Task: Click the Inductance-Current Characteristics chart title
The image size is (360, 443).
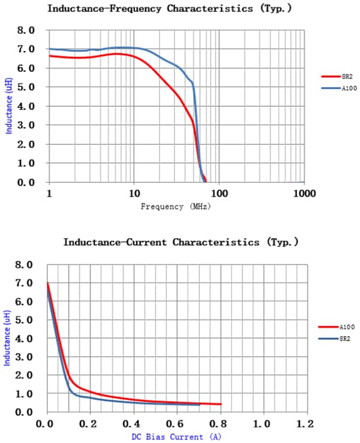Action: pyautogui.click(x=181, y=242)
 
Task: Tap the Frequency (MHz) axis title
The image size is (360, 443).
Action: pyautogui.click(x=176, y=206)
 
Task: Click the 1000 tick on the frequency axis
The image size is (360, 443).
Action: pyautogui.click(x=305, y=194)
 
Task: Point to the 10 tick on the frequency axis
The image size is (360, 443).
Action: pyautogui.click(x=134, y=194)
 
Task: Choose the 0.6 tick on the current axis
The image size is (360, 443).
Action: pyautogui.click(x=177, y=424)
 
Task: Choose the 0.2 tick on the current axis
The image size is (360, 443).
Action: pyautogui.click(x=90, y=424)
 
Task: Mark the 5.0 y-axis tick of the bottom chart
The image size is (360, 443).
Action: pyautogui.click(x=26, y=320)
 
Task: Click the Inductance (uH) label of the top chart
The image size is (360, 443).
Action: pyautogui.click(x=9, y=106)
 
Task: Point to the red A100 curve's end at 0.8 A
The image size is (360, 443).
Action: pyautogui.click(x=221, y=404)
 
